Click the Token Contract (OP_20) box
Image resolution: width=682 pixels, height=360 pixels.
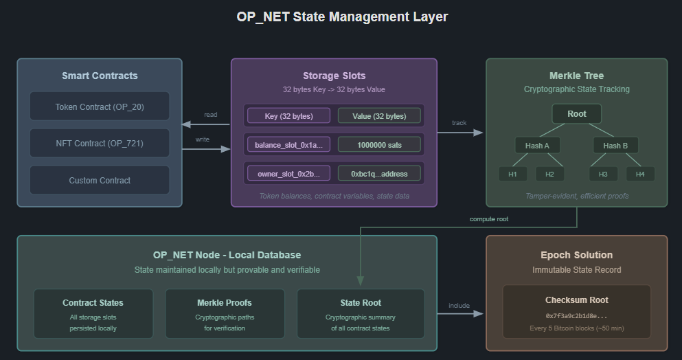100,106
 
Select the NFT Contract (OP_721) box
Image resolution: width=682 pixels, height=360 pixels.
100,144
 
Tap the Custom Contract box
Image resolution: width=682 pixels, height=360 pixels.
100,180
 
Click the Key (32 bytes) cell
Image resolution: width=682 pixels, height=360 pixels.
288,115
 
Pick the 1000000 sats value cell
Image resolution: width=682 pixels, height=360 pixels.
379,144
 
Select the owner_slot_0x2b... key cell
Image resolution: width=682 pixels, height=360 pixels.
288,174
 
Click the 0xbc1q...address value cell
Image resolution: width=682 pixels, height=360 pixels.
379,174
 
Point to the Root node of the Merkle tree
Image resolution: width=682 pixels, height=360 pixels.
577,114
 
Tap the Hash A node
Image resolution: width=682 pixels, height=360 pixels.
538,146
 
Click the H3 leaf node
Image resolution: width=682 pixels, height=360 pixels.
603,174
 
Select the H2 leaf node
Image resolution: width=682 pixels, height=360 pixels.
549,174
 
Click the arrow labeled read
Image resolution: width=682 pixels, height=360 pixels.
206,124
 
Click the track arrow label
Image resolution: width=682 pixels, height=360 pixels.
459,123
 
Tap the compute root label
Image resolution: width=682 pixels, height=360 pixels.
489,218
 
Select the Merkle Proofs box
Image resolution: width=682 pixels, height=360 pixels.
225,314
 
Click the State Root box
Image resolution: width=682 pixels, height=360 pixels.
361,314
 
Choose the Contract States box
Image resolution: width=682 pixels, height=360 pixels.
93,314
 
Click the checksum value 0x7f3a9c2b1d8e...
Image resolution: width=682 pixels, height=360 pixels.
576,316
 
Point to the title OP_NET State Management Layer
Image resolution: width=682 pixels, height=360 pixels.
342,16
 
